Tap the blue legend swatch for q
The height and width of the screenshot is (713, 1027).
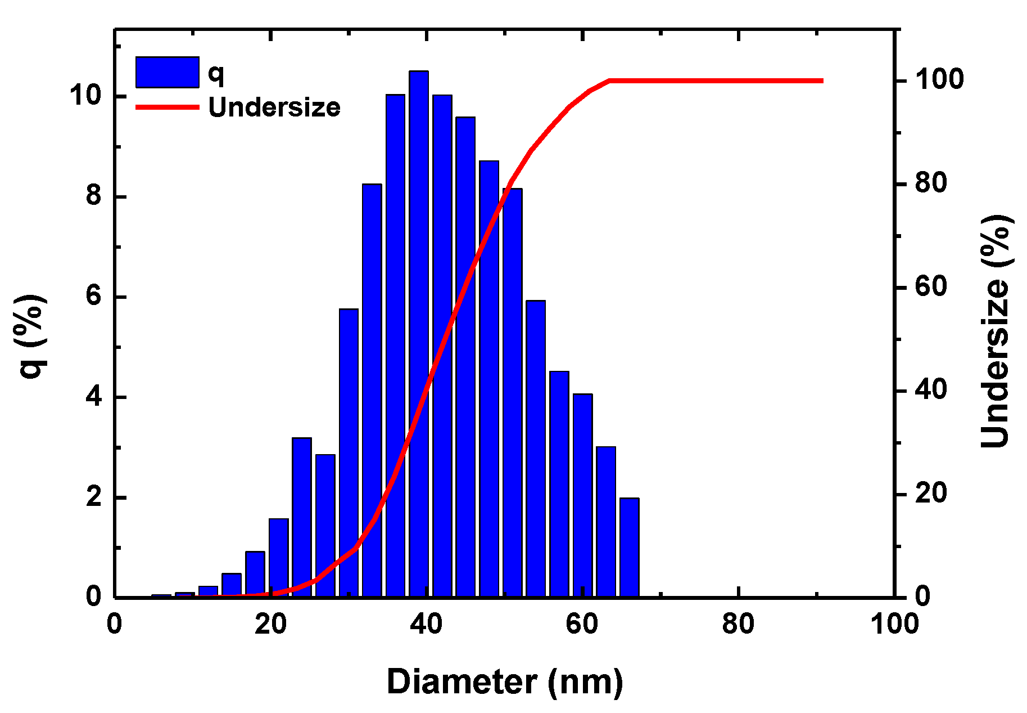(x=168, y=72)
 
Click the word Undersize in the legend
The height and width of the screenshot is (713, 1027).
(x=274, y=107)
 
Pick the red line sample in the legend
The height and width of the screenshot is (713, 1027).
(x=168, y=107)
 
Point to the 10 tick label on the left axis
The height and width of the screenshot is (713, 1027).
(x=85, y=96)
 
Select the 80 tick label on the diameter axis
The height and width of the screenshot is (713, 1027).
(x=738, y=624)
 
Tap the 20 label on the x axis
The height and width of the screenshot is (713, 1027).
(x=270, y=624)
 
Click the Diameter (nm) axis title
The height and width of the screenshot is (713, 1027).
(x=504, y=682)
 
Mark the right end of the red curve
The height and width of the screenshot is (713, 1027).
(x=822, y=81)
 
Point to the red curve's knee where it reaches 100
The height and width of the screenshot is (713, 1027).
(x=610, y=81)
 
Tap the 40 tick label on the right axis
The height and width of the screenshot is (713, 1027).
(x=931, y=391)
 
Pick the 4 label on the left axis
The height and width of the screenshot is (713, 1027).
(x=93, y=397)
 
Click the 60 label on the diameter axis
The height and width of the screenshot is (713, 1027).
(x=582, y=624)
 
